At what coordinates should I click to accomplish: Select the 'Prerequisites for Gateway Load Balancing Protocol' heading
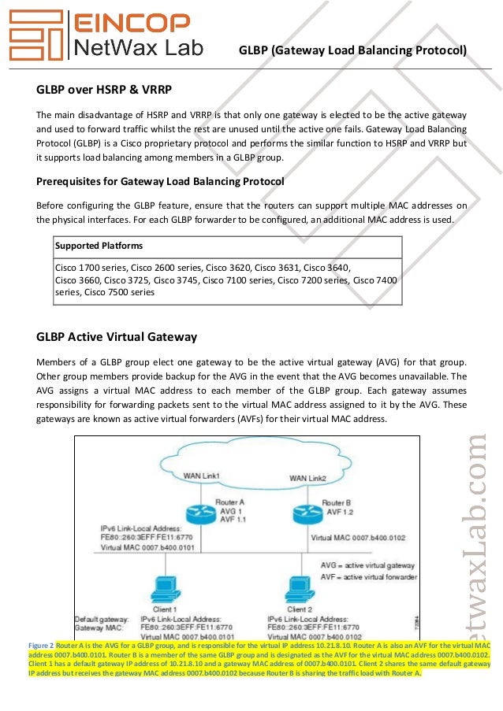pyautogui.click(x=160, y=181)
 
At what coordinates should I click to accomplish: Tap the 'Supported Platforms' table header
pyautogui.click(x=93, y=246)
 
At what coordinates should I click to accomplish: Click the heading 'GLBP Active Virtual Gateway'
pyautogui.click(x=117, y=337)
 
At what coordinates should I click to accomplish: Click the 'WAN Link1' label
pyautogui.click(x=201, y=476)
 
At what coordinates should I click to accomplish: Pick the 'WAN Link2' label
pyautogui.click(x=307, y=478)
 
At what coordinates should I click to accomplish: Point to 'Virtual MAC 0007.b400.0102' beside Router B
pyautogui.click(x=358, y=538)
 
